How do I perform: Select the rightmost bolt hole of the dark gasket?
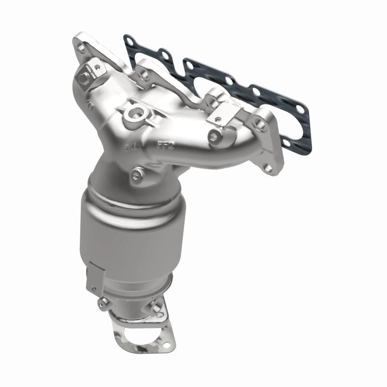pos(300,109)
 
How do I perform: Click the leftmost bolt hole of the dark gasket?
pos(129,42)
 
